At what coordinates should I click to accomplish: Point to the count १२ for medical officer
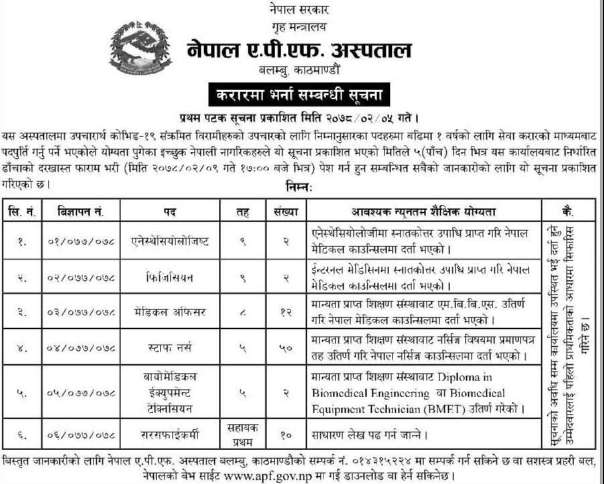pos(284,311)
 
